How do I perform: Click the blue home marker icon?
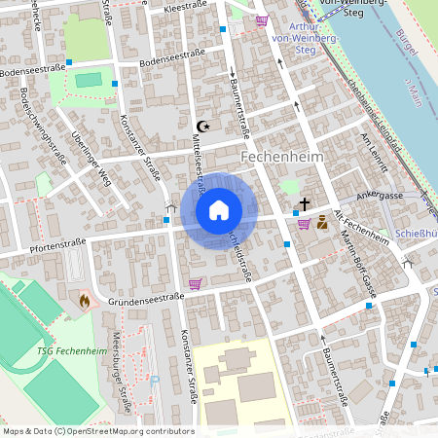coord(219,210)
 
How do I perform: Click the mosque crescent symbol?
coord(203,127)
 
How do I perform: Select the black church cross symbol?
coord(305,204)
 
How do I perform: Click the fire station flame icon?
coord(85,301)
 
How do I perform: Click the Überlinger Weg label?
coord(91,156)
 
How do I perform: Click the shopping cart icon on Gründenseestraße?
coord(195,284)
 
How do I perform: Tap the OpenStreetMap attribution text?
coord(97,430)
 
